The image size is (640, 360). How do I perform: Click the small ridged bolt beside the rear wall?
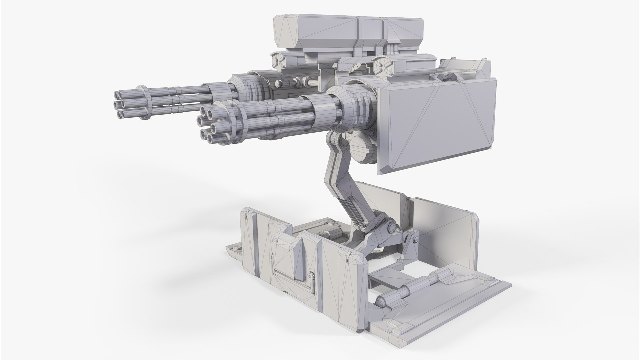click(x=415, y=239)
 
